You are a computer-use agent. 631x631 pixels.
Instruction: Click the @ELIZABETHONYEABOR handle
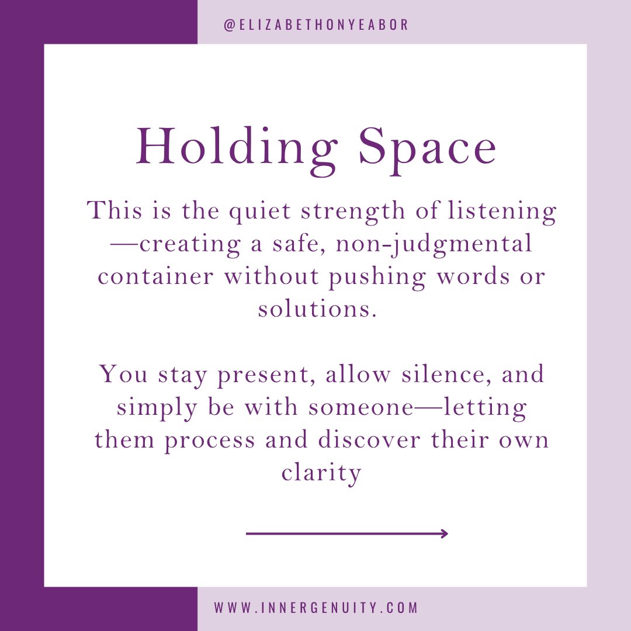tap(316, 25)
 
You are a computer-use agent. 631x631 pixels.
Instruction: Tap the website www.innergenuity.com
tap(316, 608)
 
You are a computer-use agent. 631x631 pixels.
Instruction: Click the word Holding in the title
tap(238, 147)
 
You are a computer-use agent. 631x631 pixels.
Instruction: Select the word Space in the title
tap(427, 147)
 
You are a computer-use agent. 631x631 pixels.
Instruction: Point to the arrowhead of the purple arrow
tap(445, 533)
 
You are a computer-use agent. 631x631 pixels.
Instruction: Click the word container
tap(155, 276)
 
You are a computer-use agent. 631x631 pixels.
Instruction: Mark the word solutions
tap(316, 308)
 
